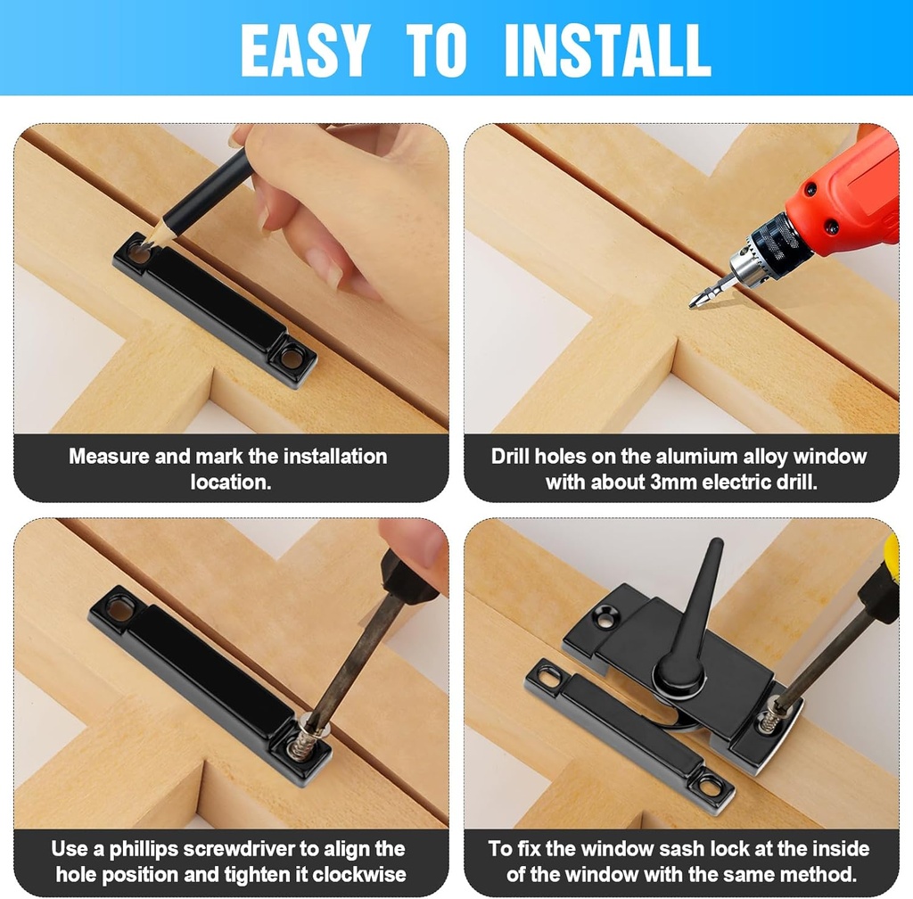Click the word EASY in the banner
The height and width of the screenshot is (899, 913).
tap(305, 51)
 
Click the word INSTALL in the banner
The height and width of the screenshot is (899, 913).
tap(607, 51)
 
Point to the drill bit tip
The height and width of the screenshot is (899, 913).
tap(692, 303)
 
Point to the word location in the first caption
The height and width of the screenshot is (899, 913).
tap(231, 482)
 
